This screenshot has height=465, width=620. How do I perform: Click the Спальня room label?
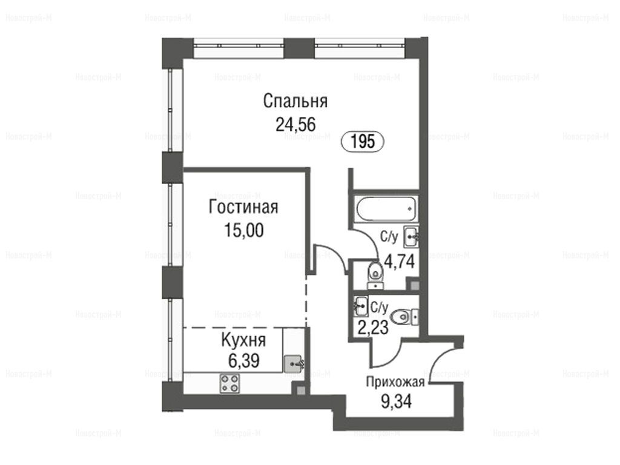click(x=295, y=101)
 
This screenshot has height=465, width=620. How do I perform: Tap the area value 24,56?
click(x=295, y=125)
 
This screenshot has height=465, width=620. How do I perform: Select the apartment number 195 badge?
click(x=363, y=141)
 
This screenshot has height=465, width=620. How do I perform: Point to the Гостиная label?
click(x=243, y=207)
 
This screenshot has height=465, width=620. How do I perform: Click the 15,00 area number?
click(x=243, y=230)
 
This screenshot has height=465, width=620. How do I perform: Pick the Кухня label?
click(x=243, y=340)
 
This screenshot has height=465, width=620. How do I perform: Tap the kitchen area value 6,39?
click(x=243, y=361)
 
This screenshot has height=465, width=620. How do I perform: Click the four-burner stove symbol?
click(x=229, y=383)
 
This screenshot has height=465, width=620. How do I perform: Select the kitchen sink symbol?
click(x=294, y=362)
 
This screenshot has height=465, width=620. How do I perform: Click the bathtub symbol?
click(x=386, y=209)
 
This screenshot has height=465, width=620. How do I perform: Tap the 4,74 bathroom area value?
click(x=400, y=261)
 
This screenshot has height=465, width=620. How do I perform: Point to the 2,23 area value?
click(x=372, y=328)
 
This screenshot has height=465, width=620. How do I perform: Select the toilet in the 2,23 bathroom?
click(x=404, y=317)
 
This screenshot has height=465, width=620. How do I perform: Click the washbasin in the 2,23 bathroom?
click(x=361, y=306)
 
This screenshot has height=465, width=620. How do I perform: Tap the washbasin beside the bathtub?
click(x=411, y=237)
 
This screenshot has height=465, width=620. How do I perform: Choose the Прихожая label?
click(x=395, y=382)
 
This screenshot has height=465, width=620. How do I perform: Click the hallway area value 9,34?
click(x=396, y=401)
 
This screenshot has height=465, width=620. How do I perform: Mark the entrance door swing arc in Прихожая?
click(x=438, y=358)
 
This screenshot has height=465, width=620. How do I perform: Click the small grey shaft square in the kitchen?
click(x=300, y=391)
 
